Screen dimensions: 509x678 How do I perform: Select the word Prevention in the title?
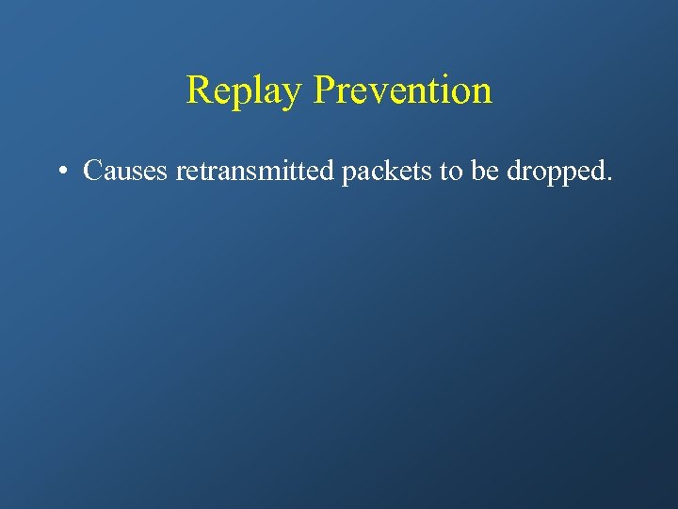pyautogui.click(x=402, y=90)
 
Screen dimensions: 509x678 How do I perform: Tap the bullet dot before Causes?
pyautogui.click(x=61, y=172)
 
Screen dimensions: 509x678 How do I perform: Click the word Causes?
pyautogui.click(x=125, y=171)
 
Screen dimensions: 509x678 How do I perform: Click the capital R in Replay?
pyautogui.click(x=199, y=90)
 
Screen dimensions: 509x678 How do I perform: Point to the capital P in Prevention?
pyautogui.click(x=324, y=90)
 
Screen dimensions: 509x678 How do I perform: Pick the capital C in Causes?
pyautogui.click(x=93, y=171)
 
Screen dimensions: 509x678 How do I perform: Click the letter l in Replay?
pyautogui.click(x=256, y=90)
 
